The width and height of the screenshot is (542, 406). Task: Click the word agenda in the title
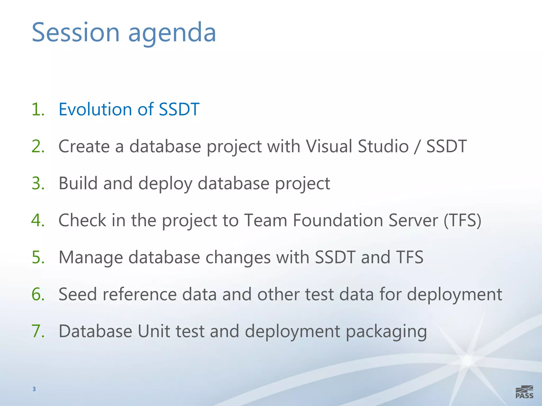172,33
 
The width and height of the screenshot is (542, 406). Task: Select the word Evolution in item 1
95,109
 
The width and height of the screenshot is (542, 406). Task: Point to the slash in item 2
417,147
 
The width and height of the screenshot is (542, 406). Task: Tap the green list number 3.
38,183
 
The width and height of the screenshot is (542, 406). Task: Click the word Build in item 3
78,183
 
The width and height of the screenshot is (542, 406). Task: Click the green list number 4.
38,220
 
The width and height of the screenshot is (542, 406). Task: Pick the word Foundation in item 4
338,220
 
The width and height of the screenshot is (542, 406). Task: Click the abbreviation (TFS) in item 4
462,221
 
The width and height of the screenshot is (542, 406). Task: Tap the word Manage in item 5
91,258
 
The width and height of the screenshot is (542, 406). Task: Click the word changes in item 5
238,258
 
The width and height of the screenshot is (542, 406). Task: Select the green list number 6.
38,294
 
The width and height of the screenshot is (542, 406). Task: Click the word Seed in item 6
78,294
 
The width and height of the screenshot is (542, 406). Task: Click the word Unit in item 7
154,331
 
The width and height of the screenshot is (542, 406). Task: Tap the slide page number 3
34,389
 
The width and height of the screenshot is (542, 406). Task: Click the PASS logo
524,392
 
